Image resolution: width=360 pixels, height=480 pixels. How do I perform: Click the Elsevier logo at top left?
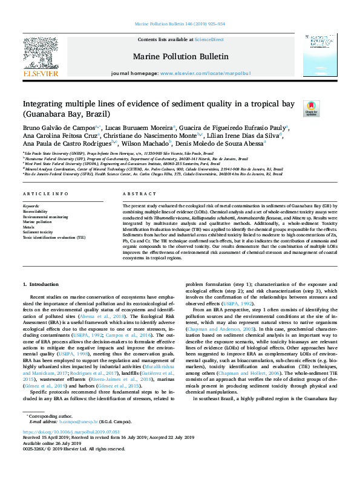tap(41, 58)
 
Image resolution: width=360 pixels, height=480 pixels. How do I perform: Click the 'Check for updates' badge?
tap(311, 108)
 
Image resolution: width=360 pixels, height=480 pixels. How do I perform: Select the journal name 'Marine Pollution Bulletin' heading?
tap(180, 57)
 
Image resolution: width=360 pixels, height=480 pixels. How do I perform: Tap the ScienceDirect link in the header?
tap(209, 39)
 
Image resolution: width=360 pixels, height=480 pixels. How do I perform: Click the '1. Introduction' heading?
tap(41, 284)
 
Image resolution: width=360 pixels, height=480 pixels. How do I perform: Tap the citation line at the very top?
tap(180, 24)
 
